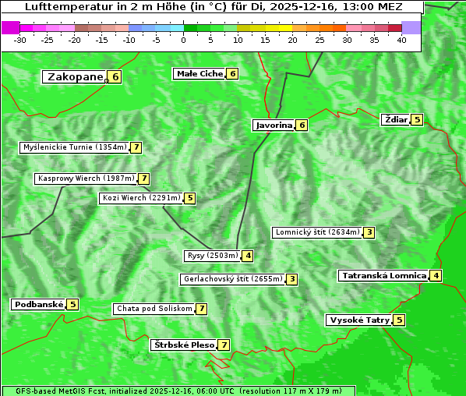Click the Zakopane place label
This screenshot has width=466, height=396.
(75, 76)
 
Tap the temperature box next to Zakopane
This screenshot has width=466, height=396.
(115, 76)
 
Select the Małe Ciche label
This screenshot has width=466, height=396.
(199, 73)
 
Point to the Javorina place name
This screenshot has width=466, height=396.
(274, 125)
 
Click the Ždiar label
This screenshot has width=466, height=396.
(395, 119)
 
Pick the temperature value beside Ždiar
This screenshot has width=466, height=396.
(417, 119)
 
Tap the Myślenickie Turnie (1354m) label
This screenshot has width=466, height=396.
(74, 147)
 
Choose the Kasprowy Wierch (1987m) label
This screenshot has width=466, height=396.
(86, 179)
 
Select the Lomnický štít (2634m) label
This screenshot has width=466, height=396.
(317, 232)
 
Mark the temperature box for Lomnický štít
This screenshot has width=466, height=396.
(369, 232)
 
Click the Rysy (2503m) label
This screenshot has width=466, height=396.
(211, 256)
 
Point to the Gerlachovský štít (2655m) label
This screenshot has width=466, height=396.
(231, 279)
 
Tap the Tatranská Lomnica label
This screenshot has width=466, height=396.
(383, 275)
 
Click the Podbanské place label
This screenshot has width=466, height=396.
(38, 304)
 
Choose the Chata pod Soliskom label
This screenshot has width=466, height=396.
(153, 309)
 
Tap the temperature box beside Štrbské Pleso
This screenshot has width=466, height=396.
(224, 345)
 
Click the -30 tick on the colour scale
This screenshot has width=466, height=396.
(20, 40)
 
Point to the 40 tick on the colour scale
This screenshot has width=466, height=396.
(401, 40)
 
